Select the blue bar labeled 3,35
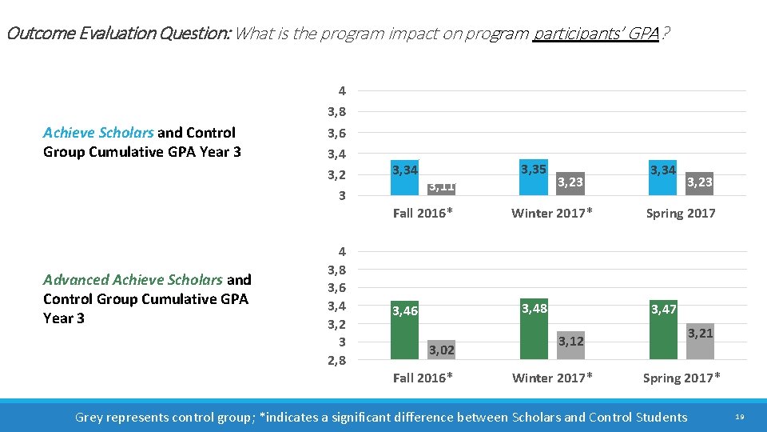click(x=533, y=177)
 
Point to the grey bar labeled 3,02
click(x=440, y=350)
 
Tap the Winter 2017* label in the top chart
click(x=552, y=213)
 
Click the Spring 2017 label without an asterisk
click(x=681, y=213)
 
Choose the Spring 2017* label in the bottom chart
click(x=682, y=378)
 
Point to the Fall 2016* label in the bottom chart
click(x=423, y=378)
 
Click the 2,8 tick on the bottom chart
click(x=336, y=361)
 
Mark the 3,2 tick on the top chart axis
click(x=336, y=174)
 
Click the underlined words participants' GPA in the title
click(x=595, y=34)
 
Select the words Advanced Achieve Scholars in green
click(x=133, y=280)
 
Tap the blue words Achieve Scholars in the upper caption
click(x=99, y=133)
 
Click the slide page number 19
click(x=739, y=418)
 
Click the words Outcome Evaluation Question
click(x=118, y=34)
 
